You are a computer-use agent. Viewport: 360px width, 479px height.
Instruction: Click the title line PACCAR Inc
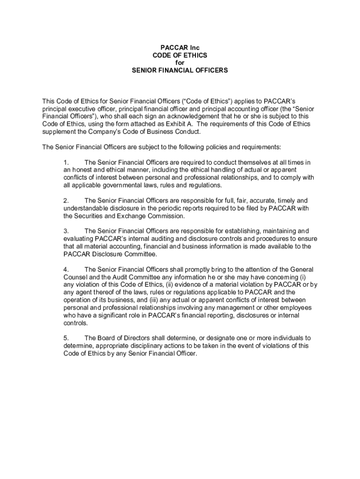pos(180,48)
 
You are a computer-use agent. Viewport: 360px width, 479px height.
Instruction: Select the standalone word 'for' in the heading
pos(180,63)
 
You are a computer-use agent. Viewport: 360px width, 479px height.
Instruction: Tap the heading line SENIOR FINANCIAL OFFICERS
pos(180,71)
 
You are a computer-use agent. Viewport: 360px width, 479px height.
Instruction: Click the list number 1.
pos(66,162)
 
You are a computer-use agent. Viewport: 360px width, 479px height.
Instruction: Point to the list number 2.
pos(66,201)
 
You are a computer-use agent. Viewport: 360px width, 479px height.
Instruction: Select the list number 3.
pos(66,231)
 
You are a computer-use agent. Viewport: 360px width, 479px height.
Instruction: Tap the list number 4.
pos(66,269)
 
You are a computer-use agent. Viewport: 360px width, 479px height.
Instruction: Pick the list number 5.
pos(66,338)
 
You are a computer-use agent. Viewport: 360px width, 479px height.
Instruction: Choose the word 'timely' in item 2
pos(283,201)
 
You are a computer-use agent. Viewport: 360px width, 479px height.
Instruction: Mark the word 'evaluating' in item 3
pos(78,239)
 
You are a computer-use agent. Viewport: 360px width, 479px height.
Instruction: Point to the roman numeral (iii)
pos(155,300)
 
